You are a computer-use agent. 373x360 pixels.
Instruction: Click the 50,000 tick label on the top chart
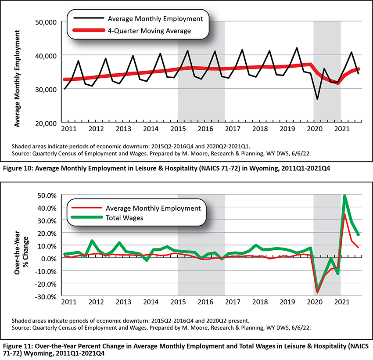46,22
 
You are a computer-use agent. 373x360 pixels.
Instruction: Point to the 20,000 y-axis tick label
46,123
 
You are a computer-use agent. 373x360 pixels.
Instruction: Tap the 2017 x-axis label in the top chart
233,129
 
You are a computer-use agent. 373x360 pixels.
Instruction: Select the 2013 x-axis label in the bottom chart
123,302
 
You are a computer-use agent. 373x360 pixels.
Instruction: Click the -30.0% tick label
46,297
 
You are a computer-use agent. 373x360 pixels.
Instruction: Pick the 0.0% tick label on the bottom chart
49,259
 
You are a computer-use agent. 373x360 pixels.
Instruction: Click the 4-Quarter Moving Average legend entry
149,31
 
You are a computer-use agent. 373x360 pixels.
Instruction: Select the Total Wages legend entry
125,218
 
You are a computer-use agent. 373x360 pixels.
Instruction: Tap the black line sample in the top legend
89,18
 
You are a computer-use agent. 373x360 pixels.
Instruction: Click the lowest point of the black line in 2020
317,99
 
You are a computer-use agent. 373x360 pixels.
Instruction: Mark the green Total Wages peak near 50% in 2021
344,196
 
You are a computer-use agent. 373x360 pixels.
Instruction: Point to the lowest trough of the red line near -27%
317,293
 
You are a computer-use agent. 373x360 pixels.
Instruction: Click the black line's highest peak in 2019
297,48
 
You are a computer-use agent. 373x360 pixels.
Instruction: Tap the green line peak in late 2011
92,241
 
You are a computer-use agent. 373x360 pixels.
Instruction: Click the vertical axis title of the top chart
17,79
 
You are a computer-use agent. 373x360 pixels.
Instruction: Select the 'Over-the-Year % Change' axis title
21,253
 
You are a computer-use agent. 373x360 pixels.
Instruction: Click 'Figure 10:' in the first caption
18,169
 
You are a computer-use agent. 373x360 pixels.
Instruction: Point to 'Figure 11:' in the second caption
18,346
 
